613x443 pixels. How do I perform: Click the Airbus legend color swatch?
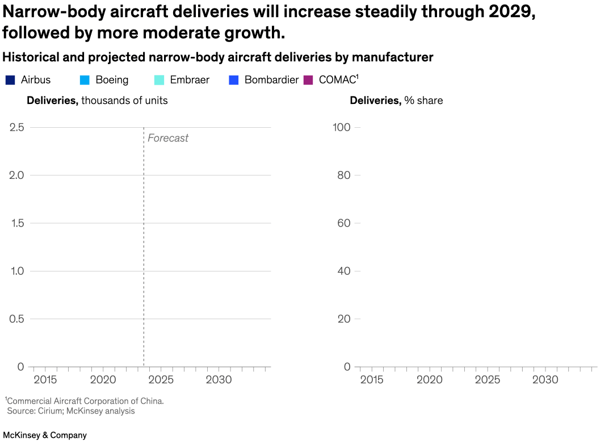tap(10, 80)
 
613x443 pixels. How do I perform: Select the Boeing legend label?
tap(112, 80)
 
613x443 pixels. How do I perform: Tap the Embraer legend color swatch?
tap(159, 80)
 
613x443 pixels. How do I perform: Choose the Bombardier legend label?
tap(271, 80)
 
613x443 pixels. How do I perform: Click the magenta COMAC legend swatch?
tap(309, 80)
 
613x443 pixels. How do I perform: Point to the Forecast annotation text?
tap(168, 138)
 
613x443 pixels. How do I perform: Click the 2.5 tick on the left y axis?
tap(16, 127)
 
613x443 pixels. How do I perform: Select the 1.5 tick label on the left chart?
tap(16, 223)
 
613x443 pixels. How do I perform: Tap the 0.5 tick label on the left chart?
tap(16, 319)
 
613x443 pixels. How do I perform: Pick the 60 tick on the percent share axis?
tap(343, 223)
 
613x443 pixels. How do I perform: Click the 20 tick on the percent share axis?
tap(343, 319)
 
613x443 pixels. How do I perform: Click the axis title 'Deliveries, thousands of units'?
tap(97, 101)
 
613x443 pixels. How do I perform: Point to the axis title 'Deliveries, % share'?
tap(396, 101)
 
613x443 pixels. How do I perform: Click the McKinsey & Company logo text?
tap(45, 435)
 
